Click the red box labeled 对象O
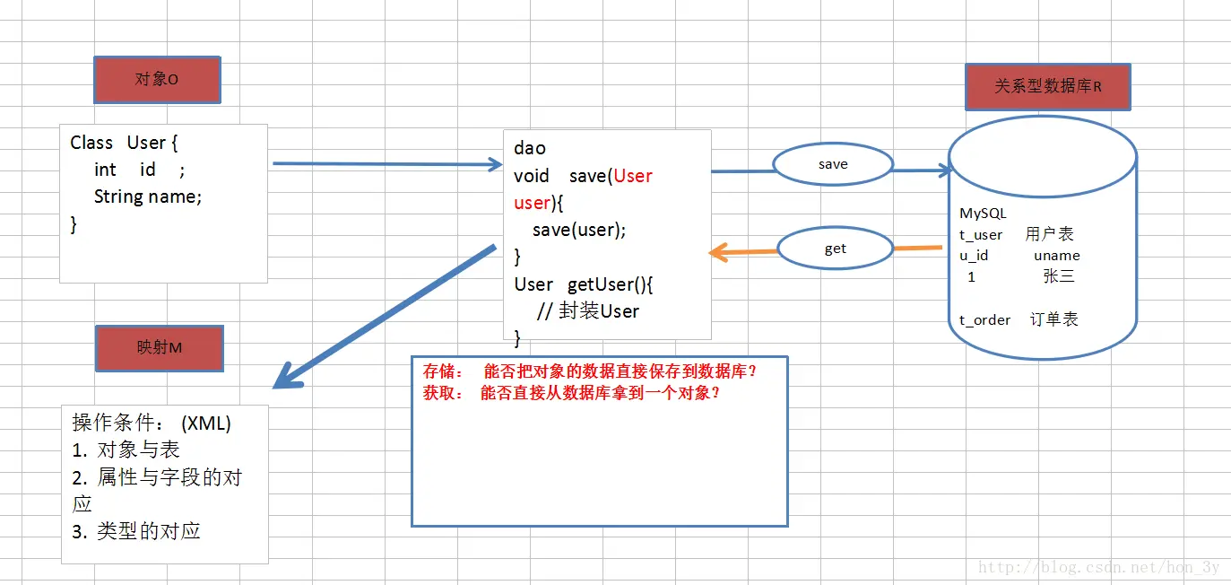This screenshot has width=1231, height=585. [157, 80]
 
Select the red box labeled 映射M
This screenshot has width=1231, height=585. [160, 347]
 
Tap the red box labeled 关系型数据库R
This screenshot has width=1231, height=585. [1047, 87]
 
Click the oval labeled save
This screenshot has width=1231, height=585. [833, 165]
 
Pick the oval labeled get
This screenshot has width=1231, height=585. [835, 249]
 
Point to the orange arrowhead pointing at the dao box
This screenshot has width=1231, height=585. [716, 253]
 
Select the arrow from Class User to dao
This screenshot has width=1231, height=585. [386, 164]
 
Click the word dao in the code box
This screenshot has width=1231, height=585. [530, 148]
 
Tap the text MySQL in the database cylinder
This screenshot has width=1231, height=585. [983, 214]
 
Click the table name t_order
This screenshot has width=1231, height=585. [984, 320]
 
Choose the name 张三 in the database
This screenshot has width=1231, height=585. [1059, 276]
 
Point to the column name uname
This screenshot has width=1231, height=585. [1056, 256]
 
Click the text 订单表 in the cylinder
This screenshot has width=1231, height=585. [1053, 319]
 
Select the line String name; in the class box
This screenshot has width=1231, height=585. [148, 196]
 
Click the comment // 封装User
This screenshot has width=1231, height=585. [588, 311]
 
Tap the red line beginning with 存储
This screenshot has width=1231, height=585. [590, 371]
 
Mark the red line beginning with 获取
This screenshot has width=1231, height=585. [572, 392]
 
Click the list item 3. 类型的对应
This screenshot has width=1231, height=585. [136, 531]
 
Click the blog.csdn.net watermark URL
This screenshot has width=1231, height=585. [1098, 567]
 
